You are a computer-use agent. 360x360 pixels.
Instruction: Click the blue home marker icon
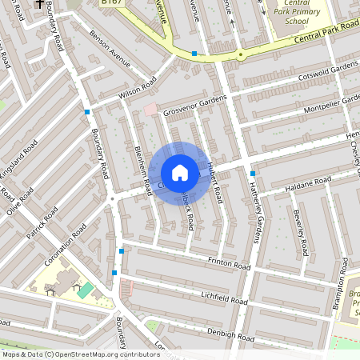(180, 173)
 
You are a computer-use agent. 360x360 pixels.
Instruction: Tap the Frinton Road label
(229, 262)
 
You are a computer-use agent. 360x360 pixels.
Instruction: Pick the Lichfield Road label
(225, 298)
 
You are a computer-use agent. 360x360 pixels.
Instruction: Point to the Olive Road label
(19, 201)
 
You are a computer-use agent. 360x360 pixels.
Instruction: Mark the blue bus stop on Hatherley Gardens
(253, 174)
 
